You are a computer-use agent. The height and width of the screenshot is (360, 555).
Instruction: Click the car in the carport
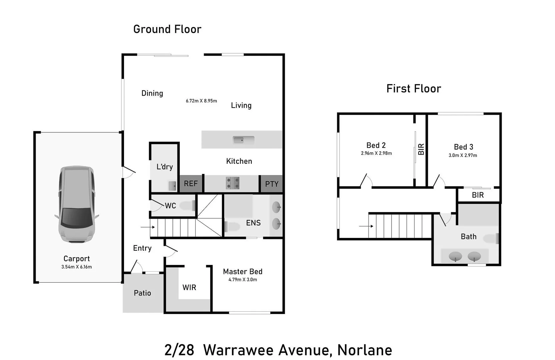(77, 204)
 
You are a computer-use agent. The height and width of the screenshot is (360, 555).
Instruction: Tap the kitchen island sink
(243, 140)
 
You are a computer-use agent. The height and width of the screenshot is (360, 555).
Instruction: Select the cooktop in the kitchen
(232, 183)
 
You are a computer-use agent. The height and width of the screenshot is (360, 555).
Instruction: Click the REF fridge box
(191, 184)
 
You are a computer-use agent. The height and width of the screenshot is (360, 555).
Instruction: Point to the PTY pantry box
(271, 184)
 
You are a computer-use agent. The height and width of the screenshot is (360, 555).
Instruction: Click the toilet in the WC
(188, 206)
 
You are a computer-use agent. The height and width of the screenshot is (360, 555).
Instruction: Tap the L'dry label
(165, 167)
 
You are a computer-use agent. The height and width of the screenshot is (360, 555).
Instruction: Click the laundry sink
(172, 186)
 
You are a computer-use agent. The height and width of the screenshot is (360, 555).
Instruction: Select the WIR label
(189, 287)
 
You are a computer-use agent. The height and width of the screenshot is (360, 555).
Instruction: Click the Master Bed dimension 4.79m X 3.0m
(242, 280)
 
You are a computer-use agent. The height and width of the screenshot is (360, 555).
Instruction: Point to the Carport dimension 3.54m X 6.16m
(76, 267)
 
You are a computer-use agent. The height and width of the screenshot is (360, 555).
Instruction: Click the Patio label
(142, 293)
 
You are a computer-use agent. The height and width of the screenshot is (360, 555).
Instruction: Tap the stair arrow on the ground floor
(147, 227)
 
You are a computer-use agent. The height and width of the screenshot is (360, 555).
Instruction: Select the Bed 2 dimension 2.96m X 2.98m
(376, 153)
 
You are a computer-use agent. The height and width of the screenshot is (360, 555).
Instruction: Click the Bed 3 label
(463, 147)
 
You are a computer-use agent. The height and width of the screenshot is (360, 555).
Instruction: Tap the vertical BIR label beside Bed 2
(421, 149)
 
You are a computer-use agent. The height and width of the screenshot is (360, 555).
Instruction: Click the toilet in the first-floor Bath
(492, 239)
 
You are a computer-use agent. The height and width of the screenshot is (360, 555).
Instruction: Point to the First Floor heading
(414, 89)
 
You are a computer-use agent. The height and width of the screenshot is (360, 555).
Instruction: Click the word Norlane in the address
(365, 350)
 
